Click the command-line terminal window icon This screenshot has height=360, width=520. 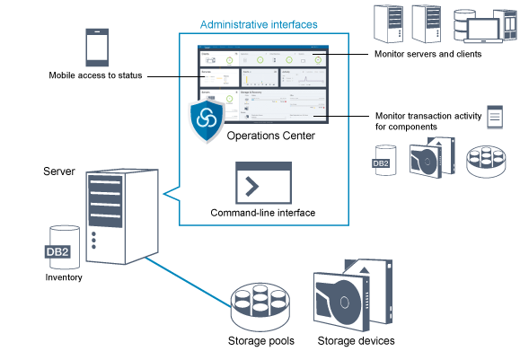point(262,183)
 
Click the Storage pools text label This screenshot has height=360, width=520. point(261,341)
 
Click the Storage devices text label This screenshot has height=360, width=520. point(356,341)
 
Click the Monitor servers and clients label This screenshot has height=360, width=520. point(427,55)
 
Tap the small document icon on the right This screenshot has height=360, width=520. point(494,117)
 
